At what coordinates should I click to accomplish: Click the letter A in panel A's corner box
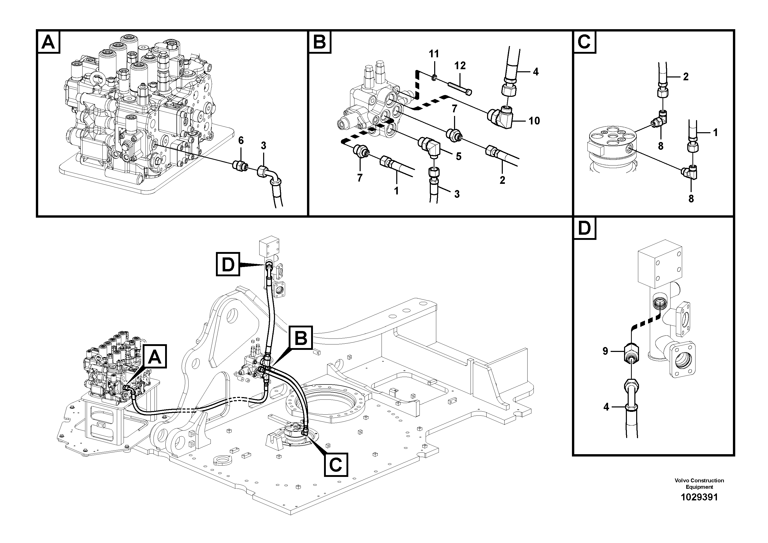coord(48,43)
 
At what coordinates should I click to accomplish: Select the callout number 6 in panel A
coord(241,141)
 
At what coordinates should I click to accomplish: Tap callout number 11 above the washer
coord(434,54)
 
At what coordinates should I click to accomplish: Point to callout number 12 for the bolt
coord(460,66)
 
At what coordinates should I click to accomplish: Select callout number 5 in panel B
coord(459,156)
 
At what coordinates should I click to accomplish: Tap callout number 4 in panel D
coord(606,407)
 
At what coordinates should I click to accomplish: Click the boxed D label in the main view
coord(228,264)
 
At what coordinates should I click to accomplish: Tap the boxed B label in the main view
coord(301,338)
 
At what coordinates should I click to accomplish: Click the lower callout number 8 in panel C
coord(691,199)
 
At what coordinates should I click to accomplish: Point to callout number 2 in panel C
coord(686,77)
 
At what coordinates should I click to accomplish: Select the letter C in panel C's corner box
coord(584,43)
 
